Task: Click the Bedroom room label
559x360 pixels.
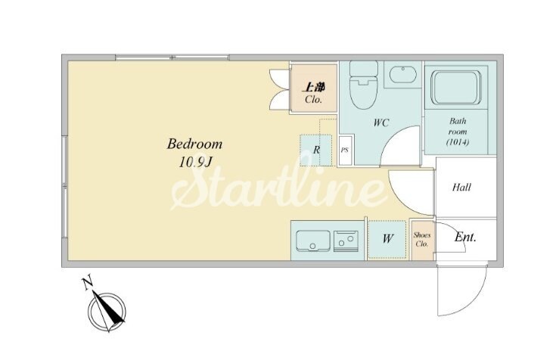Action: (194, 144)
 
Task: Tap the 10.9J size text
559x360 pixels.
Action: (195, 163)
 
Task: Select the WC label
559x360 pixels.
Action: (380, 123)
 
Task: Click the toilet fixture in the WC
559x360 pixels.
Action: (364, 85)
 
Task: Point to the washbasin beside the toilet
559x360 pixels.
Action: (403, 75)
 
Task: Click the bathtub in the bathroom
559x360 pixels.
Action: (456, 88)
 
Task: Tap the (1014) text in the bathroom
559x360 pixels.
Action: (458, 142)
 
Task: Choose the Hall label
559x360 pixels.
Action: (461, 187)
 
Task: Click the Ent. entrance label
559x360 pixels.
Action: (465, 237)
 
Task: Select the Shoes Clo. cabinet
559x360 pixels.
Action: (422, 240)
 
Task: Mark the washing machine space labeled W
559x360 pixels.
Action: (387, 240)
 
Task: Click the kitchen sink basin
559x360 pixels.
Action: (313, 241)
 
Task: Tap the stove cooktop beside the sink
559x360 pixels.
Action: (346, 241)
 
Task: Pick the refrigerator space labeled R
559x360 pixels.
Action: (316, 150)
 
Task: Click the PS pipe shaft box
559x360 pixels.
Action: (345, 150)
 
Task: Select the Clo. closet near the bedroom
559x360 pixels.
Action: (313, 89)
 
